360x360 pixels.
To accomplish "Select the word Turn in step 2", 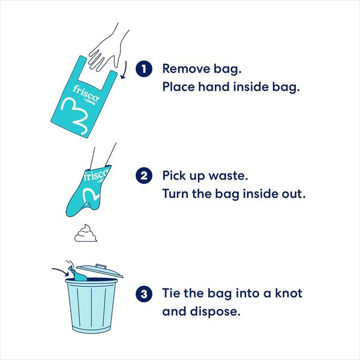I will point(176,195).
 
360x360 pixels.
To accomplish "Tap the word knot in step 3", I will point(285,293).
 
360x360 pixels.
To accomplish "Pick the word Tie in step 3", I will point(173,293).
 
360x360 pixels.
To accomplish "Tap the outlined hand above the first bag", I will point(110,47).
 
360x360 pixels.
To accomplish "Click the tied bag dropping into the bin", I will point(77,274).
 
